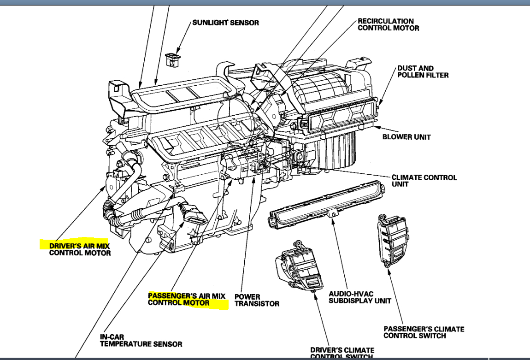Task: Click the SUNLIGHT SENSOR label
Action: pos(225,23)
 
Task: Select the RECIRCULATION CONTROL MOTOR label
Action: pos(389,24)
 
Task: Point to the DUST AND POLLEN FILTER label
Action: pos(423,71)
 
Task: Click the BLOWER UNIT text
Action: pos(406,137)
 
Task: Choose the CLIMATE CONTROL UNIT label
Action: pos(424,180)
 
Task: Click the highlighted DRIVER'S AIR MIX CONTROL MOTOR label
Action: pos(80,249)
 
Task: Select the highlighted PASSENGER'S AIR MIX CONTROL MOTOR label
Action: pos(187,299)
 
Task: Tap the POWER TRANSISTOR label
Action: pos(257,300)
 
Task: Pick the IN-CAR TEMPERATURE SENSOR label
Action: pos(141,341)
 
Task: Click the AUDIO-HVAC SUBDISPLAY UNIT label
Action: pos(360,297)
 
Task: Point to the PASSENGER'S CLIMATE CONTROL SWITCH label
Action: pos(424,332)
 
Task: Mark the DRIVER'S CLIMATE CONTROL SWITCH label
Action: pos(342,353)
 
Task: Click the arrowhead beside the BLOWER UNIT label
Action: pos(376,127)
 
